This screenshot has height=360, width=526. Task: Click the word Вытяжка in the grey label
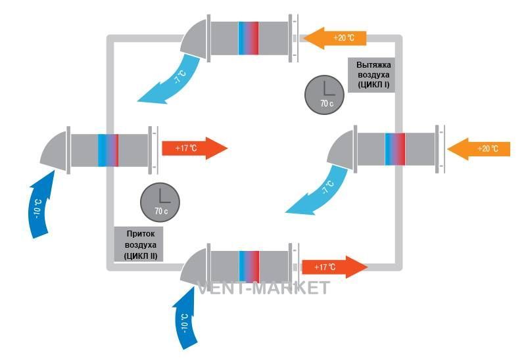coord(373,64)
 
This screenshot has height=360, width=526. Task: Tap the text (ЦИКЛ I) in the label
coord(373,84)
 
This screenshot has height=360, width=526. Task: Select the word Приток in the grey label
coord(141,234)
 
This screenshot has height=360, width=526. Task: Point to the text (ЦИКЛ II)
coord(141,256)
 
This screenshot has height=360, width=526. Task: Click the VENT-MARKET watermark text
coord(264,288)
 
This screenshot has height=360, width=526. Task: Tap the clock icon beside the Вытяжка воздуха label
coord(324,95)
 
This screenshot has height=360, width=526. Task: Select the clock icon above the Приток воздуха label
coord(160,202)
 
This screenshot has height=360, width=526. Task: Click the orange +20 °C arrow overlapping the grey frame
coord(335,38)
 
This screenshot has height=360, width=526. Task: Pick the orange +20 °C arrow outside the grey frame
coord(479,148)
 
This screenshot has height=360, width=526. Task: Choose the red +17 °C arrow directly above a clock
coord(195,148)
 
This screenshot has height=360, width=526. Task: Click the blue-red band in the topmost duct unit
coord(249,38)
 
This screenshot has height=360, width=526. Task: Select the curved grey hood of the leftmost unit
coord(54,150)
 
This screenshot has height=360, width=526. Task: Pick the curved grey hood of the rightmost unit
coord(341,150)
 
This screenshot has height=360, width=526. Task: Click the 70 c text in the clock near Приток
coord(161,211)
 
